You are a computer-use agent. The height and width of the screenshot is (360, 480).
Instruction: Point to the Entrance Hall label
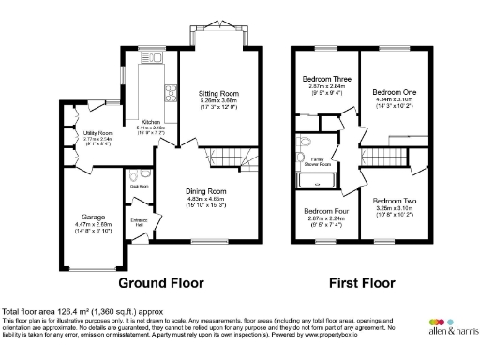(x=138, y=221)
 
